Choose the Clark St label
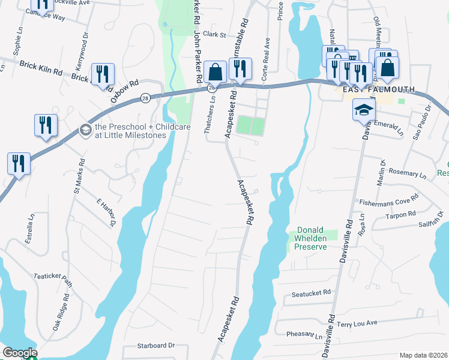click(x=214, y=35)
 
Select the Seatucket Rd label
click(x=312, y=293)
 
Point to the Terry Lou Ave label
click(x=357, y=323)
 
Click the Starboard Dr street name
click(x=155, y=346)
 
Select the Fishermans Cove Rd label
click(x=388, y=201)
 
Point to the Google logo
click(x=20, y=353)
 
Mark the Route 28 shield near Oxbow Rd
click(x=145, y=97)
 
